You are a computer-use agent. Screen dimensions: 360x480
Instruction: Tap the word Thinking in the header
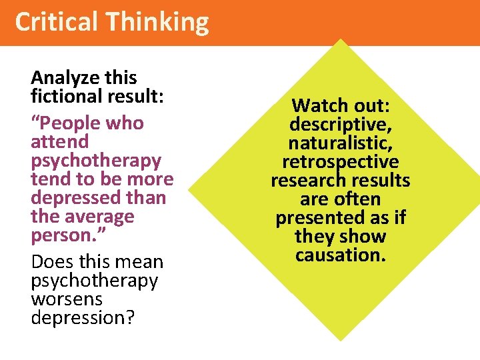(x=159, y=22)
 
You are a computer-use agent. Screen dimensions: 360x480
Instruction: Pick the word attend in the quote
(x=59, y=142)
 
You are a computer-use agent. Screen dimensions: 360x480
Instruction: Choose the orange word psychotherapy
(x=96, y=161)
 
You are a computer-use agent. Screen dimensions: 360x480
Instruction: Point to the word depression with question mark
(x=83, y=317)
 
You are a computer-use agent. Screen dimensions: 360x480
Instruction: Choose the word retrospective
(x=341, y=162)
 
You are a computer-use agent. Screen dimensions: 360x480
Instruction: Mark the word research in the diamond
(x=309, y=181)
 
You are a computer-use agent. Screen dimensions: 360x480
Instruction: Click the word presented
(x=316, y=218)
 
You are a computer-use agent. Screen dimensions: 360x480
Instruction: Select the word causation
(x=341, y=255)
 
